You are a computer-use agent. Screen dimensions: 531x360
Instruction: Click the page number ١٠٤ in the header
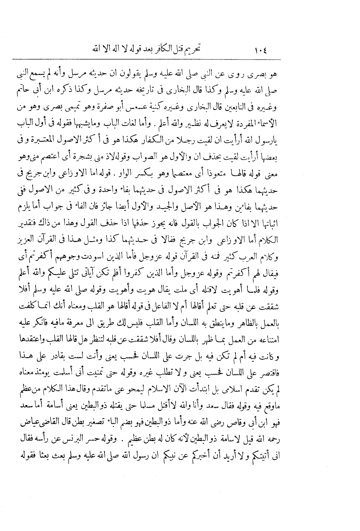coord(260,51)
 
